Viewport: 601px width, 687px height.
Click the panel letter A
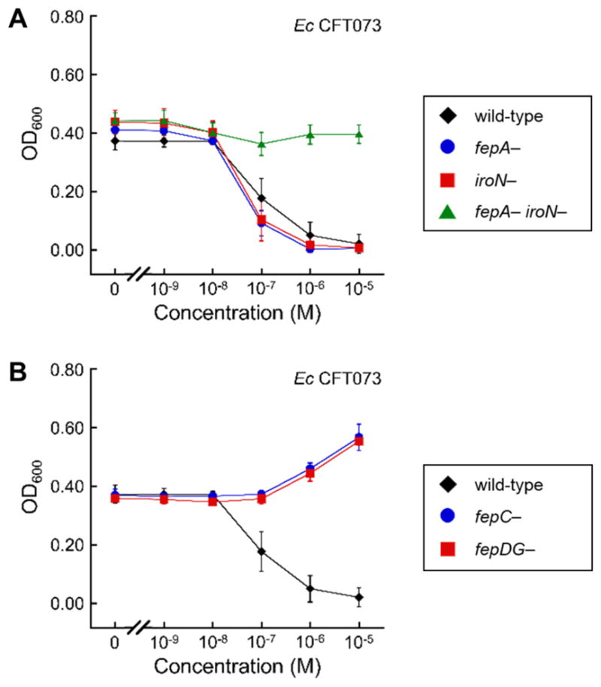[x=16, y=21]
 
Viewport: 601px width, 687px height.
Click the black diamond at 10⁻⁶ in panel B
[x=310, y=589]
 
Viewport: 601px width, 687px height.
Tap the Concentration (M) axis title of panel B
[x=237, y=670]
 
